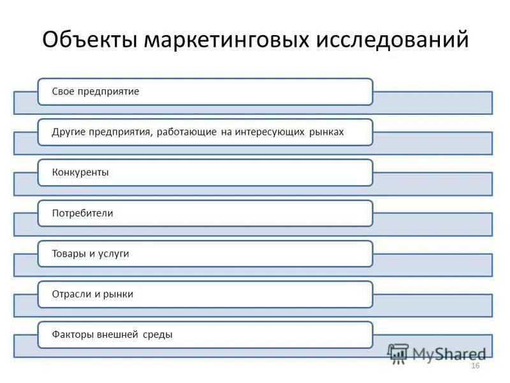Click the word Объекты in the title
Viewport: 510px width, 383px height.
pyautogui.click(x=89, y=40)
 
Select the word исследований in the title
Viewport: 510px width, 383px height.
pyautogui.click(x=391, y=40)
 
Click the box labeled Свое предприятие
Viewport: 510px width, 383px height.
pyautogui.click(x=205, y=92)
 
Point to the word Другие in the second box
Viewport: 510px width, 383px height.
pyautogui.click(x=70, y=132)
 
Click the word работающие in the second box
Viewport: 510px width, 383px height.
pyautogui.click(x=188, y=132)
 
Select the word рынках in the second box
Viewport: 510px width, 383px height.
pyautogui.click(x=327, y=132)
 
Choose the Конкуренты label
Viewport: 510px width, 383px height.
pyautogui.click(x=80, y=172)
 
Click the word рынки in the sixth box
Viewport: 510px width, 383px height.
pyautogui.click(x=117, y=294)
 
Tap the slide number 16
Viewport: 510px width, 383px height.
pyautogui.click(x=474, y=366)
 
